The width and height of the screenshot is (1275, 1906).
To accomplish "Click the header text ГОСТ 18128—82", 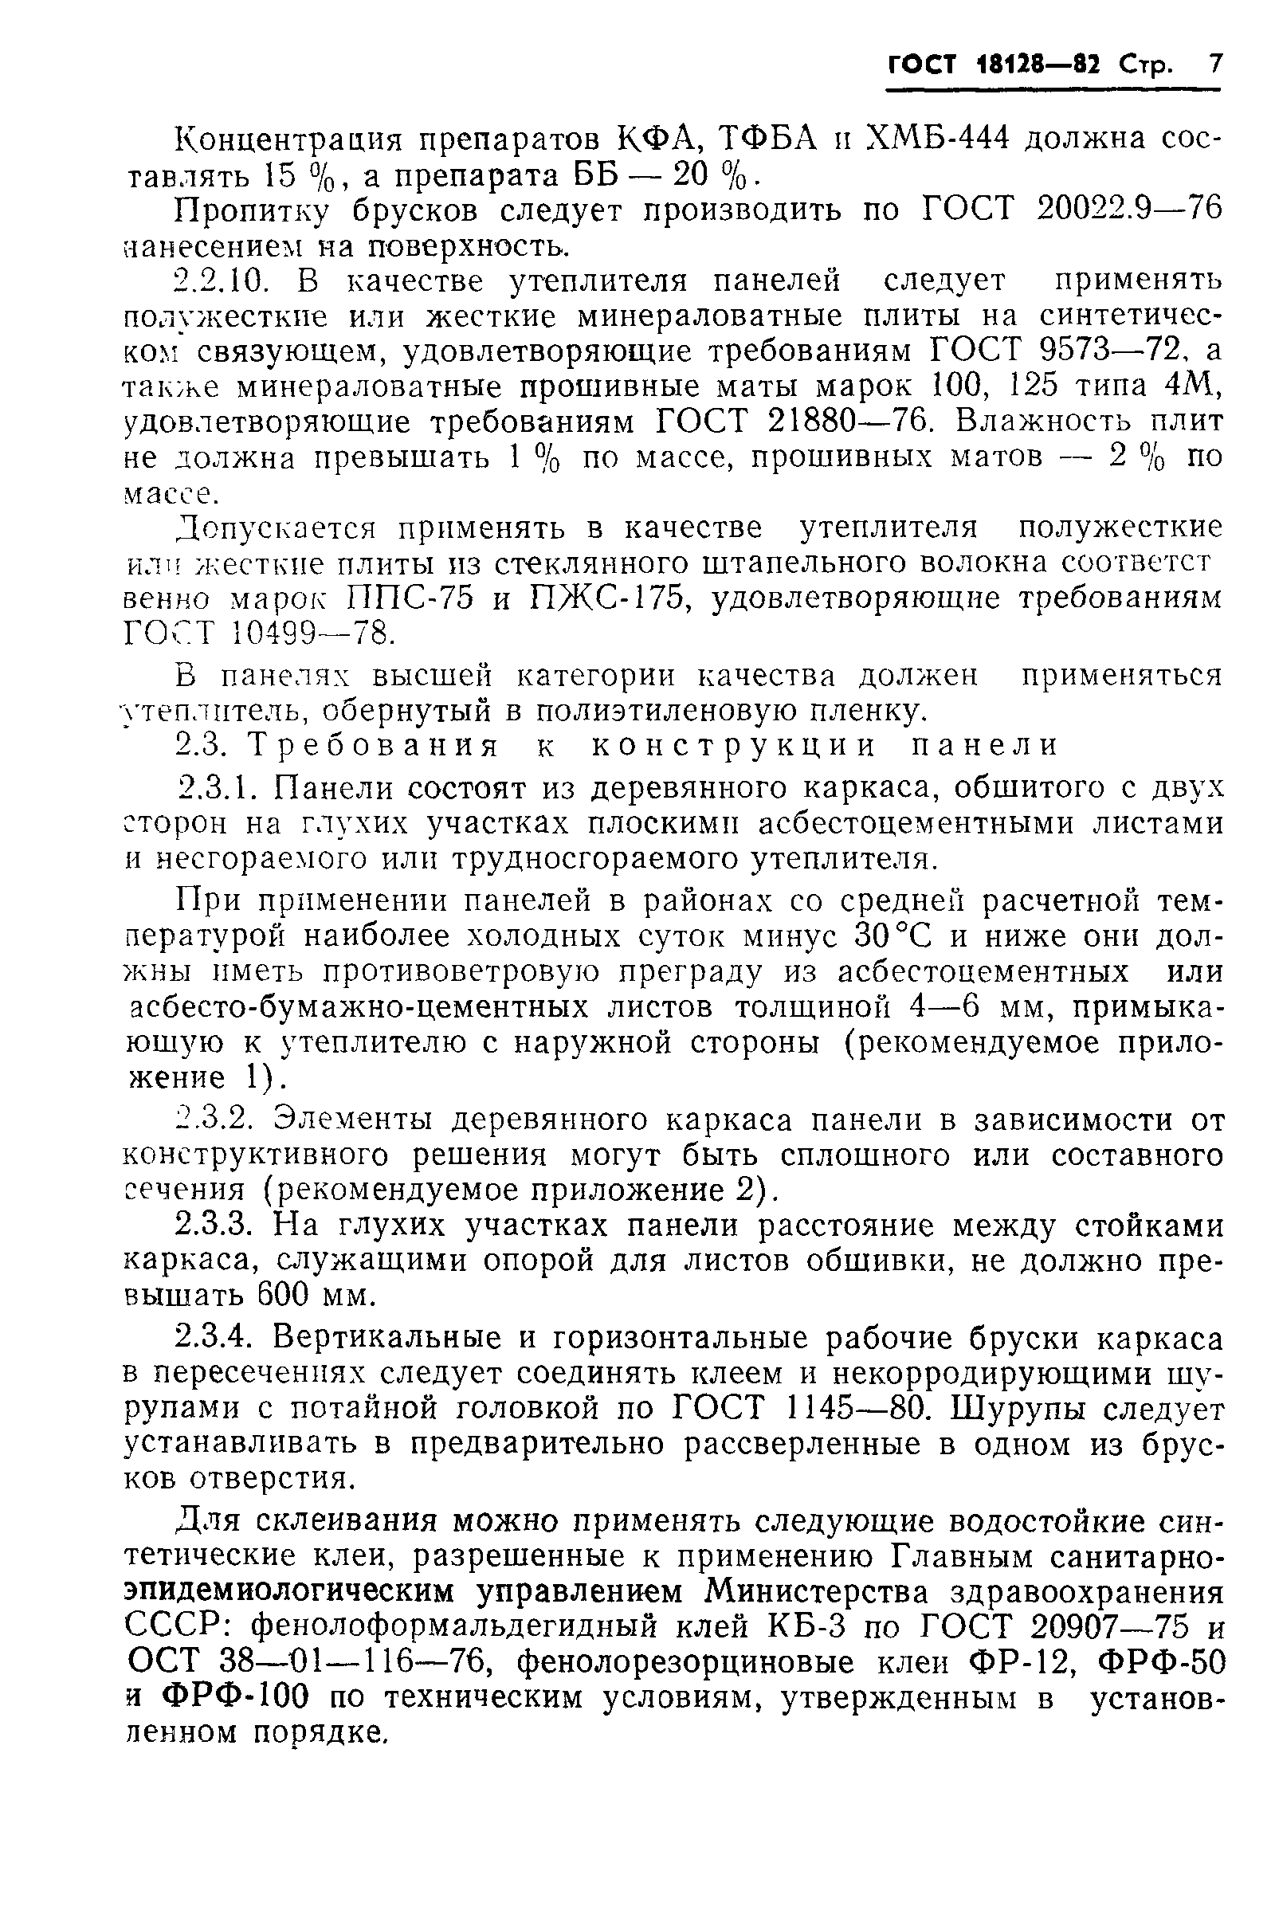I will (x=993, y=65).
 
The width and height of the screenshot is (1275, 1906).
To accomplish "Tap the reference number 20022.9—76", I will (x=1129, y=210).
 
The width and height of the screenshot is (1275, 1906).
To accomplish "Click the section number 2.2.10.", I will (x=222, y=281).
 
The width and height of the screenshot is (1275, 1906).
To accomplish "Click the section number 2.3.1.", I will (x=218, y=788).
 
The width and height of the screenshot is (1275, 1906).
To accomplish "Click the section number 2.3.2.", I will (x=217, y=1120).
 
